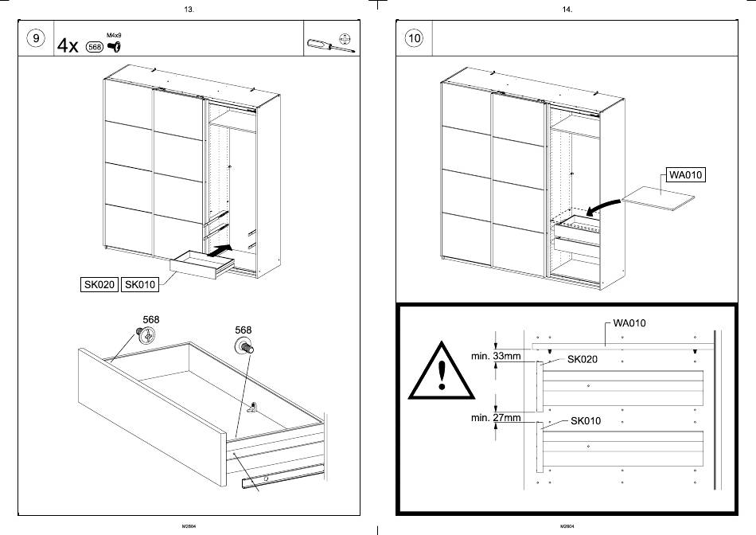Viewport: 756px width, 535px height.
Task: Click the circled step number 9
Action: pos(35,39)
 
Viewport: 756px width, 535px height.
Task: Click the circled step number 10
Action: pos(414,39)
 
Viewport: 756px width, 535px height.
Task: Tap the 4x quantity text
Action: pos(68,46)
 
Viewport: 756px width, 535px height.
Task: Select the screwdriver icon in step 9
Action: pos(328,43)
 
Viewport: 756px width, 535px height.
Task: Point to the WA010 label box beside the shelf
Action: pos(685,175)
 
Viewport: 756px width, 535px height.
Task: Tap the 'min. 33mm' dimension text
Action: pos(496,356)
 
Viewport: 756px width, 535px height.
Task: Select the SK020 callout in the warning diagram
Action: pos(582,359)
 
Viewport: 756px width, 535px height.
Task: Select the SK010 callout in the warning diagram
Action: pos(586,420)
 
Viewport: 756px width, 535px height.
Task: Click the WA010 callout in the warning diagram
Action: pos(629,323)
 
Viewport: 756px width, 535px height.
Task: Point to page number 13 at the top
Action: pos(189,10)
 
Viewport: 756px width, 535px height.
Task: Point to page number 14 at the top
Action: pos(567,10)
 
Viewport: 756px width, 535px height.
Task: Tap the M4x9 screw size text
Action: pos(114,36)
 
